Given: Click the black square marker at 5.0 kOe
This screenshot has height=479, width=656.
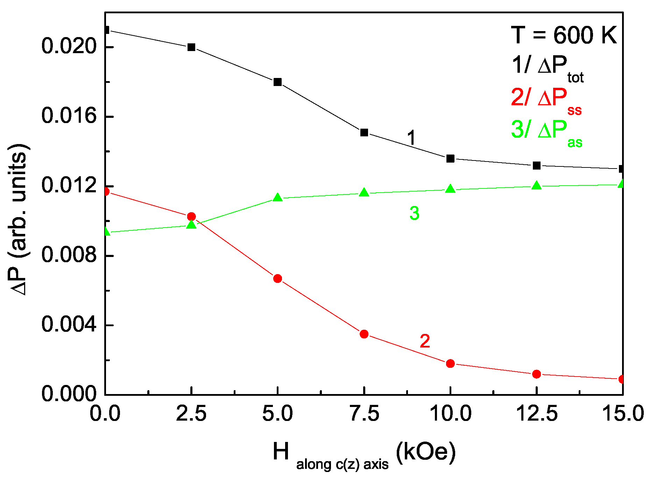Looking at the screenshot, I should click(277, 82).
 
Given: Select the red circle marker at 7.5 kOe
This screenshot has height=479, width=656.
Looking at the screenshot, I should click(364, 334).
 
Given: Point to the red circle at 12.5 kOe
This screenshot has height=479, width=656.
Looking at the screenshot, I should click(537, 374).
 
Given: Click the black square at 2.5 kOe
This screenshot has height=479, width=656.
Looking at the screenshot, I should click(191, 47).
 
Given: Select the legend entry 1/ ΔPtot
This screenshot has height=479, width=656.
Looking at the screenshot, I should click(548, 67).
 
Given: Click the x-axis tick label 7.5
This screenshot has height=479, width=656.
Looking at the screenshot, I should click(364, 414).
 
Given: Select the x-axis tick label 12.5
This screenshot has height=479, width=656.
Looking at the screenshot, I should click(537, 414).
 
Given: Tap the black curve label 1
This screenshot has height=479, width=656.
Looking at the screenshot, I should click(411, 137).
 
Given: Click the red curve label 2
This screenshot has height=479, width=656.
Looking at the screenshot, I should click(425, 341).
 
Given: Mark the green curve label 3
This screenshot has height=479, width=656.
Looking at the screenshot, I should click(414, 213).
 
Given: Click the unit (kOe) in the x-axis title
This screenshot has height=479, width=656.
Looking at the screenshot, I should click(426, 452).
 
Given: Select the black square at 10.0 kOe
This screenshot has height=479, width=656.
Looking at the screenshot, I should click(450, 159).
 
